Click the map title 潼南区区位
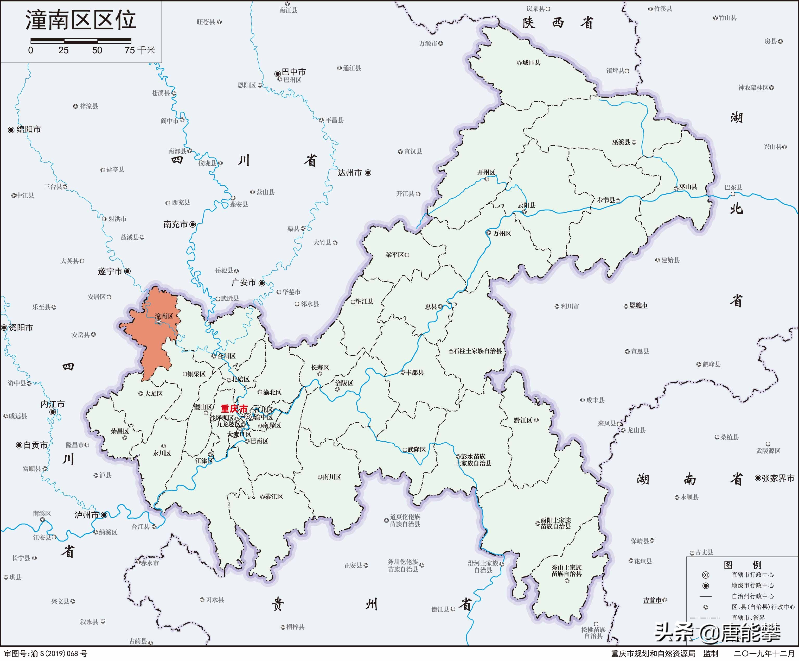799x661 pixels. click(x=81, y=20)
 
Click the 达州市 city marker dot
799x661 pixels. click(x=368, y=173)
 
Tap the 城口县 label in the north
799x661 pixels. click(x=532, y=62)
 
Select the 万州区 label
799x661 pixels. click(x=502, y=234)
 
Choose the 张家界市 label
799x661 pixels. click(x=778, y=478)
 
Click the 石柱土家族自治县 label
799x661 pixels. click(x=478, y=351)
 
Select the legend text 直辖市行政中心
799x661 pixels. click(x=753, y=575)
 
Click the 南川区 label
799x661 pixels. click(x=332, y=477)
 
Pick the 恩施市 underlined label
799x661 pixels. click(x=638, y=305)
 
